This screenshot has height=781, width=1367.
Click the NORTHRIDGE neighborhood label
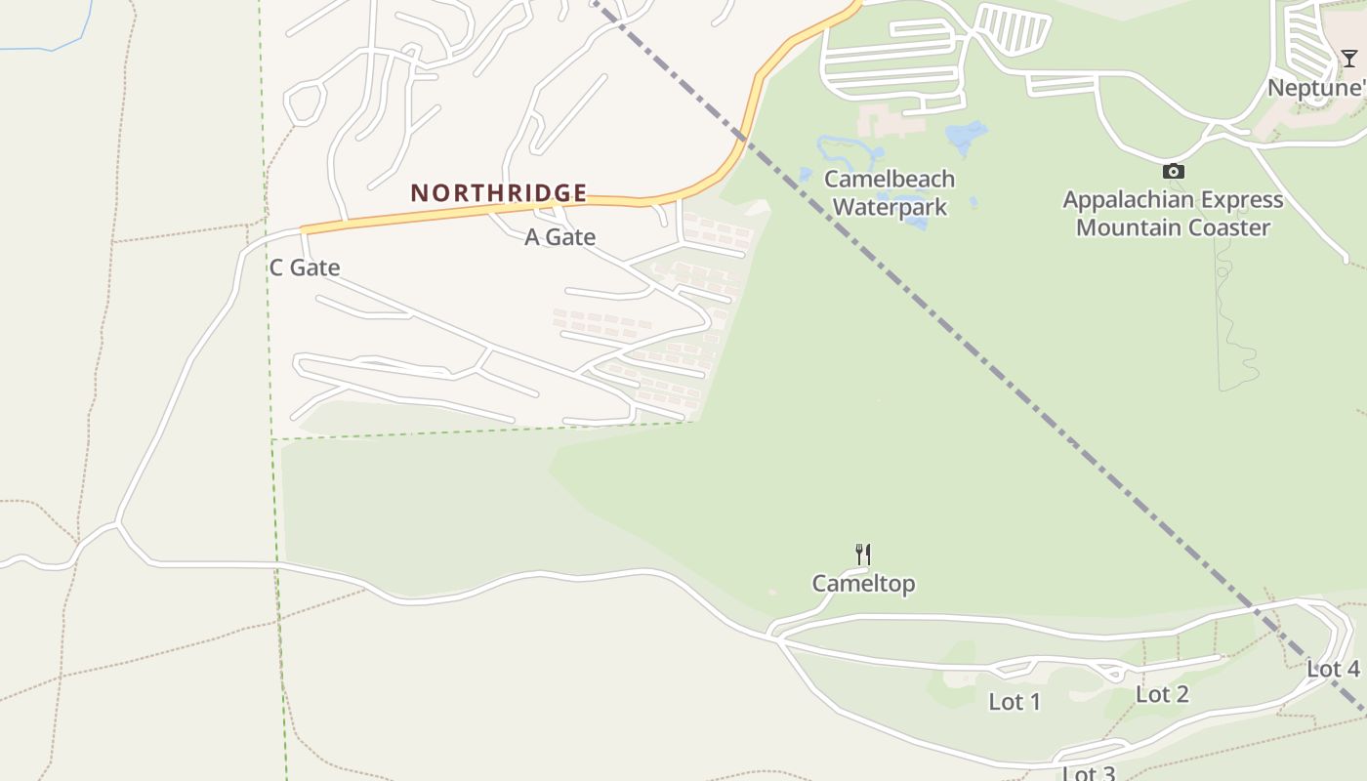498,192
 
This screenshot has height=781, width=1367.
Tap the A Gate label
559,237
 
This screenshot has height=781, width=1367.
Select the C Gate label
305,267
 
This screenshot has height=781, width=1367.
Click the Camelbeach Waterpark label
889,192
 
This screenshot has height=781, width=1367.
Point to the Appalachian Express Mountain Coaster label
1173,214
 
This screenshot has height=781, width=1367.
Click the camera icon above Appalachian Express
1174,172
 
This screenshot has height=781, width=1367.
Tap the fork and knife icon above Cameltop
863,555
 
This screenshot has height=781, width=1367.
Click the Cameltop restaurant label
863,584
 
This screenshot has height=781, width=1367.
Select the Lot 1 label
1015,701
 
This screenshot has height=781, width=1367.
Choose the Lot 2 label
1162,694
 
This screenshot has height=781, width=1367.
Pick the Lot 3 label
1088,773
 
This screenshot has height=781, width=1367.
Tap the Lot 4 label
1333,669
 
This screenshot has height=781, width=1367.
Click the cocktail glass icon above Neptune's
1348,59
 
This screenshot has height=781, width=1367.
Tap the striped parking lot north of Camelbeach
1013,29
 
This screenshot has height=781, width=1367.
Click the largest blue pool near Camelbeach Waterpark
966,136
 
